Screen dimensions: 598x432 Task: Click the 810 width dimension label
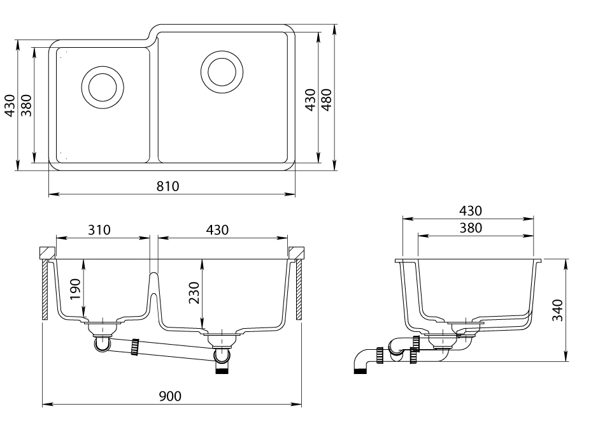pyautogui.click(x=167, y=186)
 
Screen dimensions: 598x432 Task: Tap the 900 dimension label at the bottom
pyautogui.click(x=170, y=396)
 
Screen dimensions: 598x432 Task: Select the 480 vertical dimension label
pyautogui.click(x=327, y=100)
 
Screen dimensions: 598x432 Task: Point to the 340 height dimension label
pyautogui.click(x=558, y=310)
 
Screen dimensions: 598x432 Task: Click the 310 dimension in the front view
pyautogui.click(x=99, y=230)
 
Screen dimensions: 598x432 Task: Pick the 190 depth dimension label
pyautogui.click(x=76, y=289)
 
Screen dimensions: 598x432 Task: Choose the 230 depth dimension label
pyautogui.click(x=194, y=292)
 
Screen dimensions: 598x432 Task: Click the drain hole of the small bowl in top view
pyautogui.click(x=103, y=87)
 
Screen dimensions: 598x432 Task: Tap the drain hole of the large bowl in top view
pyautogui.click(x=222, y=72)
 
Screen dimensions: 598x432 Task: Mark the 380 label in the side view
pyautogui.click(x=471, y=228)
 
